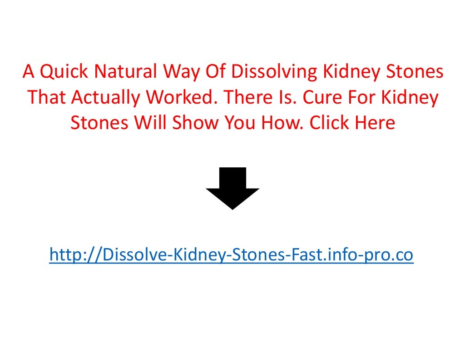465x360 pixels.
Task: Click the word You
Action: pos(235,123)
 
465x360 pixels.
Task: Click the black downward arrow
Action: pos(232,187)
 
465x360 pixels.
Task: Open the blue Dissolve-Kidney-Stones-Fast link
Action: pos(231,255)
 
